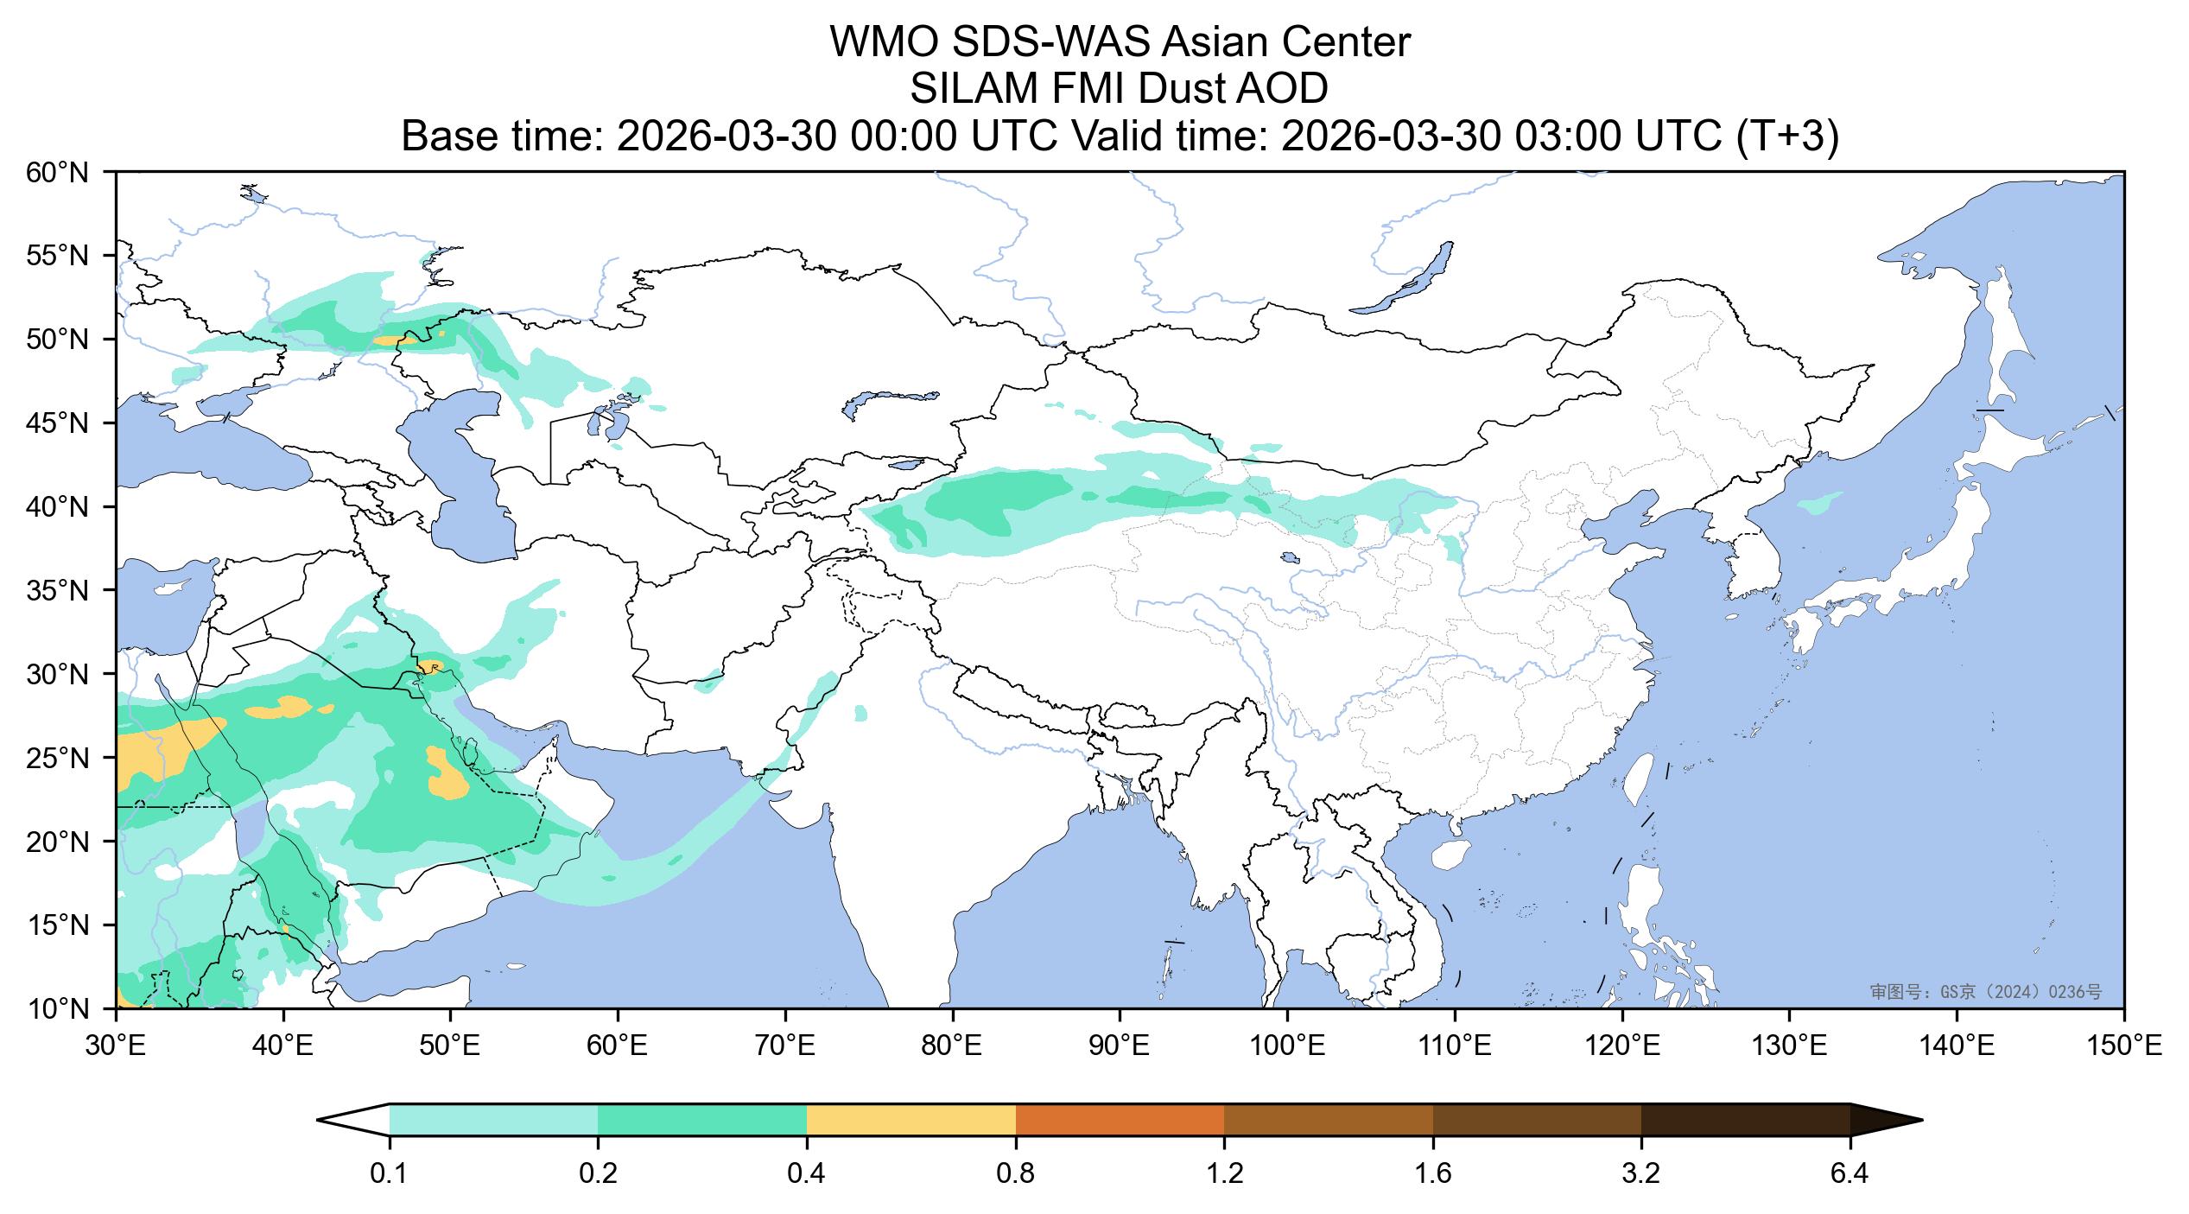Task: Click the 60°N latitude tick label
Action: point(58,173)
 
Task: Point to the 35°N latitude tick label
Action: point(58,591)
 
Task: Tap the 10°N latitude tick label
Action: point(58,1009)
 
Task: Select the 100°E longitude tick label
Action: point(1287,1048)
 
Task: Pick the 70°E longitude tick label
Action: point(785,1048)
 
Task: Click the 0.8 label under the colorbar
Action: point(1015,1175)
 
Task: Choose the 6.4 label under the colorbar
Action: point(1850,1175)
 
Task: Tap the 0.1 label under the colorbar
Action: point(389,1175)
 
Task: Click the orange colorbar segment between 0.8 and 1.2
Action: point(1120,1120)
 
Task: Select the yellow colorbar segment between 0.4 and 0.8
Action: point(910,1120)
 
